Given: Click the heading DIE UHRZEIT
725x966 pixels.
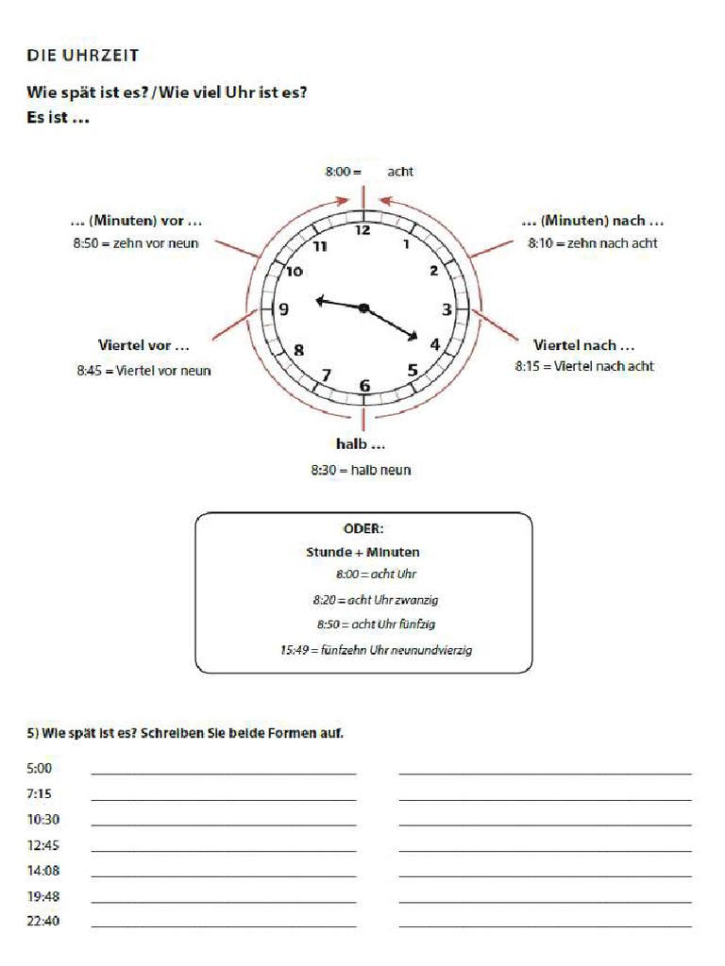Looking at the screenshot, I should (x=83, y=56).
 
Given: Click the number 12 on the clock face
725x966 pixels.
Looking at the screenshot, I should (x=362, y=230).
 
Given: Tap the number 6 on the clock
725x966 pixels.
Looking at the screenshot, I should (x=364, y=384).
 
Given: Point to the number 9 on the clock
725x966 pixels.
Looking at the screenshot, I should (x=284, y=308).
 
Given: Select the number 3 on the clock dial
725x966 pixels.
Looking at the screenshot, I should (x=447, y=308).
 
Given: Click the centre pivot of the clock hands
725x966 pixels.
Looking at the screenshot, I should (x=363, y=308).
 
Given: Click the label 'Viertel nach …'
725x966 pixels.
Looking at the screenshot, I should (x=583, y=345).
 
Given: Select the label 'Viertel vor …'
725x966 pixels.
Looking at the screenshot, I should (x=143, y=345).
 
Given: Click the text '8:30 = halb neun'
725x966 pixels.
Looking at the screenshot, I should (x=361, y=469).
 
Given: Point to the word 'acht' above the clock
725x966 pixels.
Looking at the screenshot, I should (x=400, y=172).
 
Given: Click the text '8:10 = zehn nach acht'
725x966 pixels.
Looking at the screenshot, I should (x=593, y=242).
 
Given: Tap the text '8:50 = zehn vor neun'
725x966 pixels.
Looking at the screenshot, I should (x=136, y=242).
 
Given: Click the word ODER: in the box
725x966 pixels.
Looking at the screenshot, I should (x=363, y=529).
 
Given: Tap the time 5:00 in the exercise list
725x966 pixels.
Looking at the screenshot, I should (x=41, y=769).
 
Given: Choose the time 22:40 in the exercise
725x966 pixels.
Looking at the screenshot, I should (x=43, y=921).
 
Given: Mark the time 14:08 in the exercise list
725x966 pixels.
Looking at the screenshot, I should (x=43, y=871).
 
